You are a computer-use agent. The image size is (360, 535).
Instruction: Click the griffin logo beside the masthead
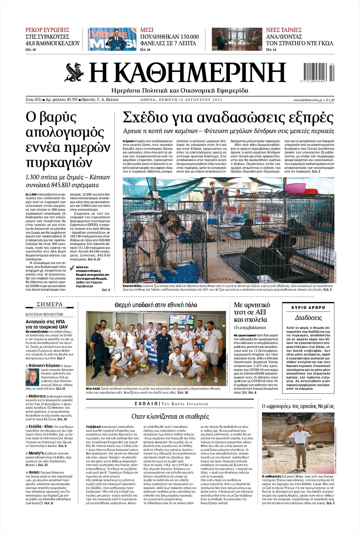[73, 72]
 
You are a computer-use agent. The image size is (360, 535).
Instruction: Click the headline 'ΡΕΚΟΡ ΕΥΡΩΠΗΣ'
[47, 30]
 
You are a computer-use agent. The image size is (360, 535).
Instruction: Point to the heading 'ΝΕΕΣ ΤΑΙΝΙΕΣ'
[284, 30]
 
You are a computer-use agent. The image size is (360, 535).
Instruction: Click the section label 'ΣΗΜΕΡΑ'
[50, 304]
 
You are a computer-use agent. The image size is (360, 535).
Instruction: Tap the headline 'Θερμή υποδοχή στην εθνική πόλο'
[156, 305]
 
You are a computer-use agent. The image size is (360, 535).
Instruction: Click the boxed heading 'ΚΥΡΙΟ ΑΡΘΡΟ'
[308, 308]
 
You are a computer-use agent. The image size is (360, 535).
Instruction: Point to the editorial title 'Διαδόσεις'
[308, 318]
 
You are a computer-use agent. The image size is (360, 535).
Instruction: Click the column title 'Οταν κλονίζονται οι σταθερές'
[170, 417]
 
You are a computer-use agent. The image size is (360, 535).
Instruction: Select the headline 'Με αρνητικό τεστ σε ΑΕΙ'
[252, 308]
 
